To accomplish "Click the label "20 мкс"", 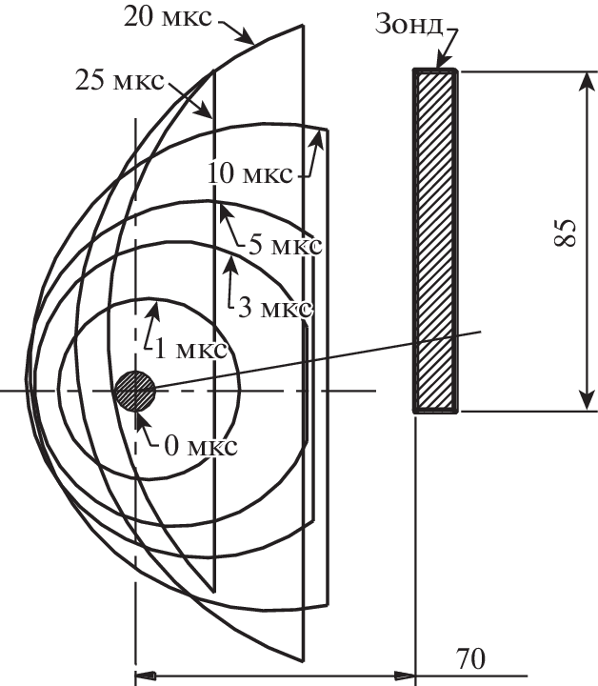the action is pyautogui.click(x=168, y=18).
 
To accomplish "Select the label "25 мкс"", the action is pyautogui.click(x=120, y=80).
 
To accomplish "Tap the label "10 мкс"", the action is pyautogui.click(x=249, y=173).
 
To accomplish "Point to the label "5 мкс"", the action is pyautogui.click(x=286, y=245).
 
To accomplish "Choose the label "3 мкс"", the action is pyautogui.click(x=275, y=309).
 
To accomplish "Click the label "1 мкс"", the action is pyautogui.click(x=191, y=350).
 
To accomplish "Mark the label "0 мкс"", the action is pyautogui.click(x=201, y=446).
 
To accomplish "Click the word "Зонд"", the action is pyautogui.click(x=409, y=25).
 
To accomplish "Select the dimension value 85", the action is pyautogui.click(x=565, y=232).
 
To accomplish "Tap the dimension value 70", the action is pyautogui.click(x=470, y=659).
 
